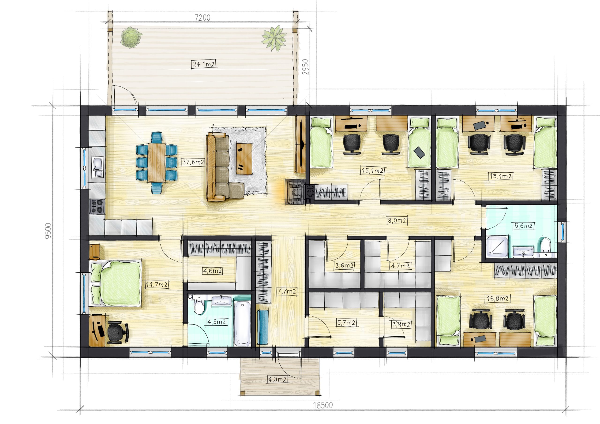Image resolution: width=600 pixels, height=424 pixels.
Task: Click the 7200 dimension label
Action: pyautogui.click(x=203, y=18)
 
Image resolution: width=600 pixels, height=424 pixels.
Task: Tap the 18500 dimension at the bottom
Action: pyautogui.click(x=323, y=405)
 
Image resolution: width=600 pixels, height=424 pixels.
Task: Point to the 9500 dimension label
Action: pyautogui.click(x=49, y=231)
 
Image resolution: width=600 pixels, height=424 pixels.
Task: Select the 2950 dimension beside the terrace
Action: pyautogui.click(x=305, y=67)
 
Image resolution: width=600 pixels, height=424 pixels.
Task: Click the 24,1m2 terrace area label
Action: pyautogui.click(x=204, y=64)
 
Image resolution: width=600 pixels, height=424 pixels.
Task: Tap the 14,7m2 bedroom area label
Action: pyautogui.click(x=157, y=284)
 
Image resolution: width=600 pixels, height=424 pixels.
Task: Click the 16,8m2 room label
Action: pyautogui.click(x=498, y=298)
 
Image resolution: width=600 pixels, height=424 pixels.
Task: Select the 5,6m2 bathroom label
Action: pyautogui.click(x=524, y=226)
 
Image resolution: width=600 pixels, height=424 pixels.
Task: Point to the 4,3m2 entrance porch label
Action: pyautogui.click(x=277, y=379)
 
